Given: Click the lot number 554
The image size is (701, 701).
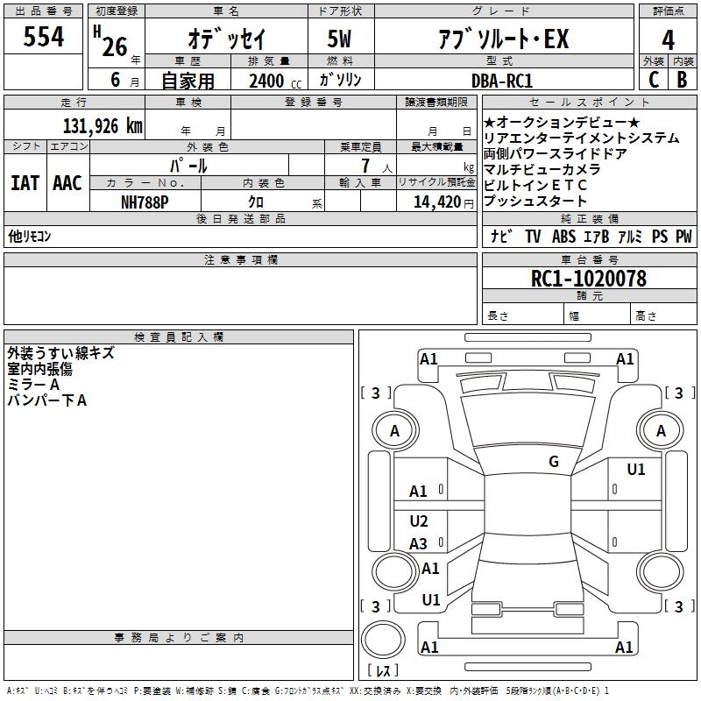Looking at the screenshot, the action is click(x=43, y=36).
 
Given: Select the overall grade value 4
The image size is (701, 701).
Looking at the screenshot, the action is click(x=668, y=40).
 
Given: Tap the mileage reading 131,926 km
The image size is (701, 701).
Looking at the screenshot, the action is click(x=103, y=126).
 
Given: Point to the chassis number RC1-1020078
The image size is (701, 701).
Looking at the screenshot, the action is click(x=588, y=278).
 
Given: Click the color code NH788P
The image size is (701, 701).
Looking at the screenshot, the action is click(x=145, y=202).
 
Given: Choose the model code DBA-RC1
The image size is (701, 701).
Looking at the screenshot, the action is click(x=502, y=81).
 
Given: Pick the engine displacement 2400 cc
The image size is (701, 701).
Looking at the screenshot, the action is click(x=275, y=81).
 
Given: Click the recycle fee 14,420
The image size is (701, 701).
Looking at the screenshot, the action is click(x=437, y=202).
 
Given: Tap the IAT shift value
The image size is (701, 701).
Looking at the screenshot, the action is click(x=25, y=183).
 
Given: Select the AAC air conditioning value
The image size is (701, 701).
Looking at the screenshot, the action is click(x=67, y=183).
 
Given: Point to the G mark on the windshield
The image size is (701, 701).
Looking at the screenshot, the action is click(x=554, y=461).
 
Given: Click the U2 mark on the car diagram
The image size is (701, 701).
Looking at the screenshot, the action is click(x=419, y=520).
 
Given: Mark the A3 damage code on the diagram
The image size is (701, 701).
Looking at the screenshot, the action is click(x=418, y=543).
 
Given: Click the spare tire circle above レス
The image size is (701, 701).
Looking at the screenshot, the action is click(x=383, y=640).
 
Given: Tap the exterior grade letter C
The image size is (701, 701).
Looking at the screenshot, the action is click(x=654, y=80).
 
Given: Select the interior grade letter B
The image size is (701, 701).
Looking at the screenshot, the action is click(x=682, y=80).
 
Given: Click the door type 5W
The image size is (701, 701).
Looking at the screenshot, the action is click(x=339, y=39).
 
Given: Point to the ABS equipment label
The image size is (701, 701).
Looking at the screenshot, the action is click(x=563, y=237).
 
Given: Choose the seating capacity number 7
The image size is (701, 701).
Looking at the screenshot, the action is click(x=365, y=166).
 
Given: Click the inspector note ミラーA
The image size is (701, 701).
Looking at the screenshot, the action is click(x=33, y=384).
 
